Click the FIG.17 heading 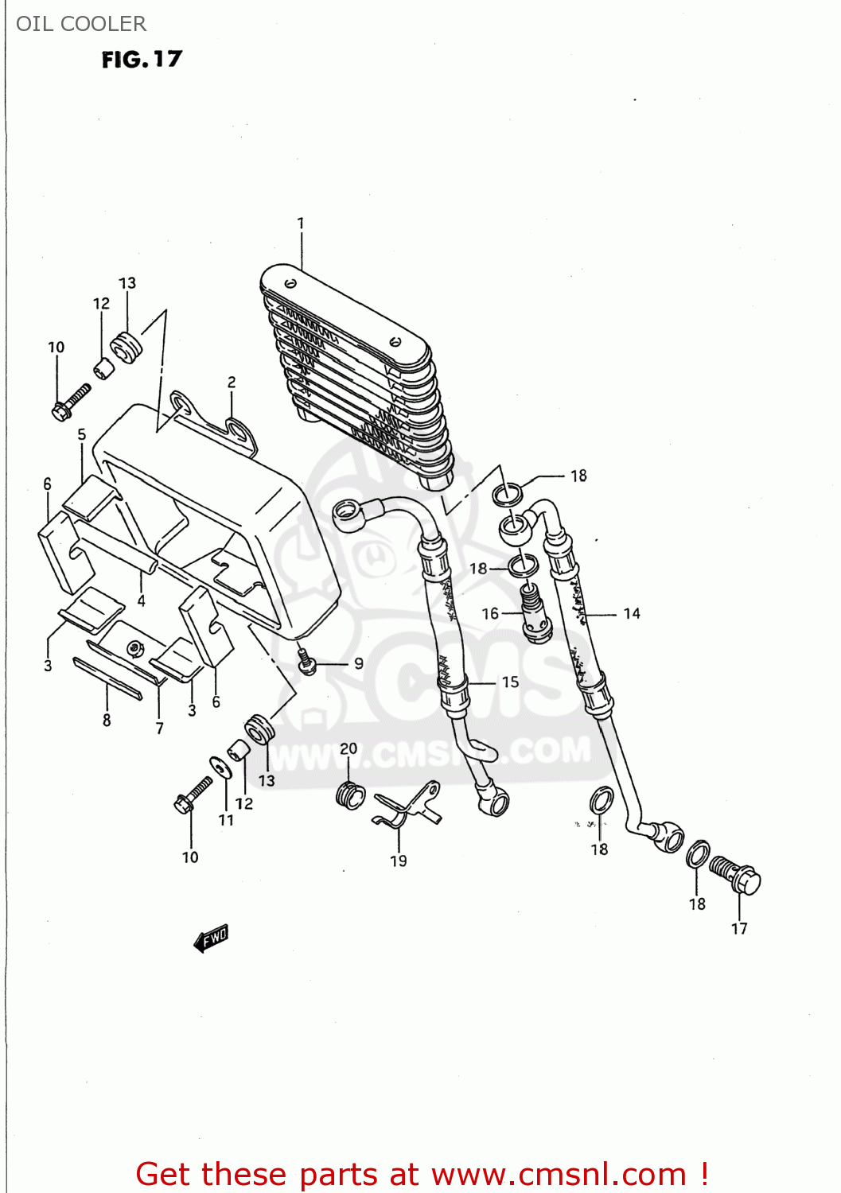coord(142,60)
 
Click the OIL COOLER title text coord(81,24)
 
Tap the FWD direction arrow coord(212,938)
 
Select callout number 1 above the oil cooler coord(301,223)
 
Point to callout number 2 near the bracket coord(232,383)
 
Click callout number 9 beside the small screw coord(359,663)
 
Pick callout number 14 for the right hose coord(632,613)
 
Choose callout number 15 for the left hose coord(510,682)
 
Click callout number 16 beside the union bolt coord(490,613)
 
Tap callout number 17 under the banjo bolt coord(739,928)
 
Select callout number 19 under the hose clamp coord(399,861)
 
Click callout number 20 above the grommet coord(348,748)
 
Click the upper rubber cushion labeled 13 coord(126,348)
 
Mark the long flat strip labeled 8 coord(107,678)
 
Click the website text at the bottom coord(422,1174)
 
